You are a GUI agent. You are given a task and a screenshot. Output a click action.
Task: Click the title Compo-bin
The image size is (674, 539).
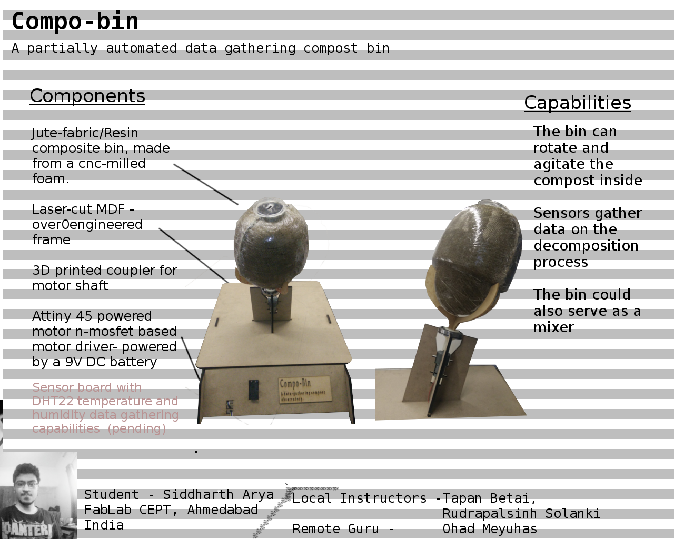pos(75,21)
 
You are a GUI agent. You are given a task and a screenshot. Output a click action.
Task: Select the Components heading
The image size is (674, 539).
pos(87,96)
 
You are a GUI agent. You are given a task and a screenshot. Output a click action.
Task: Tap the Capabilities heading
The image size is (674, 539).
pos(578,103)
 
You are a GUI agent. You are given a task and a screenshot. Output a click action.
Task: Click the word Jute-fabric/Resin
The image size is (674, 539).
pos(85,133)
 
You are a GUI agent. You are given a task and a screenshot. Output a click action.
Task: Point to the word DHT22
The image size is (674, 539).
pos(53,401)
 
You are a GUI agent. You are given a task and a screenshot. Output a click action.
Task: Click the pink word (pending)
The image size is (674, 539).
pos(136,428)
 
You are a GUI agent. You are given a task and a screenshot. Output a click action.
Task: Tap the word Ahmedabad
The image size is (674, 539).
pos(223,510)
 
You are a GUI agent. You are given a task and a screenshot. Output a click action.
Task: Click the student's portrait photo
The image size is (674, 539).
pos(38,495)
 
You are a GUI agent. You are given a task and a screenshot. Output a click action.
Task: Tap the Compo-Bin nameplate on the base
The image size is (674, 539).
pos(305,390)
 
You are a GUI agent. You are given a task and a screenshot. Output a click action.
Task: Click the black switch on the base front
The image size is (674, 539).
pos(253,390)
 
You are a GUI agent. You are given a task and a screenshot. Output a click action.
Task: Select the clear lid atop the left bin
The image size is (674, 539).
pos(269,207)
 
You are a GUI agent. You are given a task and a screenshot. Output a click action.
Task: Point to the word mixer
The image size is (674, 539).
pos(553,327)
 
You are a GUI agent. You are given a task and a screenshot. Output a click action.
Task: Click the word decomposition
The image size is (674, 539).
pos(586,245)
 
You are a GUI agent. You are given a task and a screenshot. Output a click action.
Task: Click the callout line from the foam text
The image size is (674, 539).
pos(206,184)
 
